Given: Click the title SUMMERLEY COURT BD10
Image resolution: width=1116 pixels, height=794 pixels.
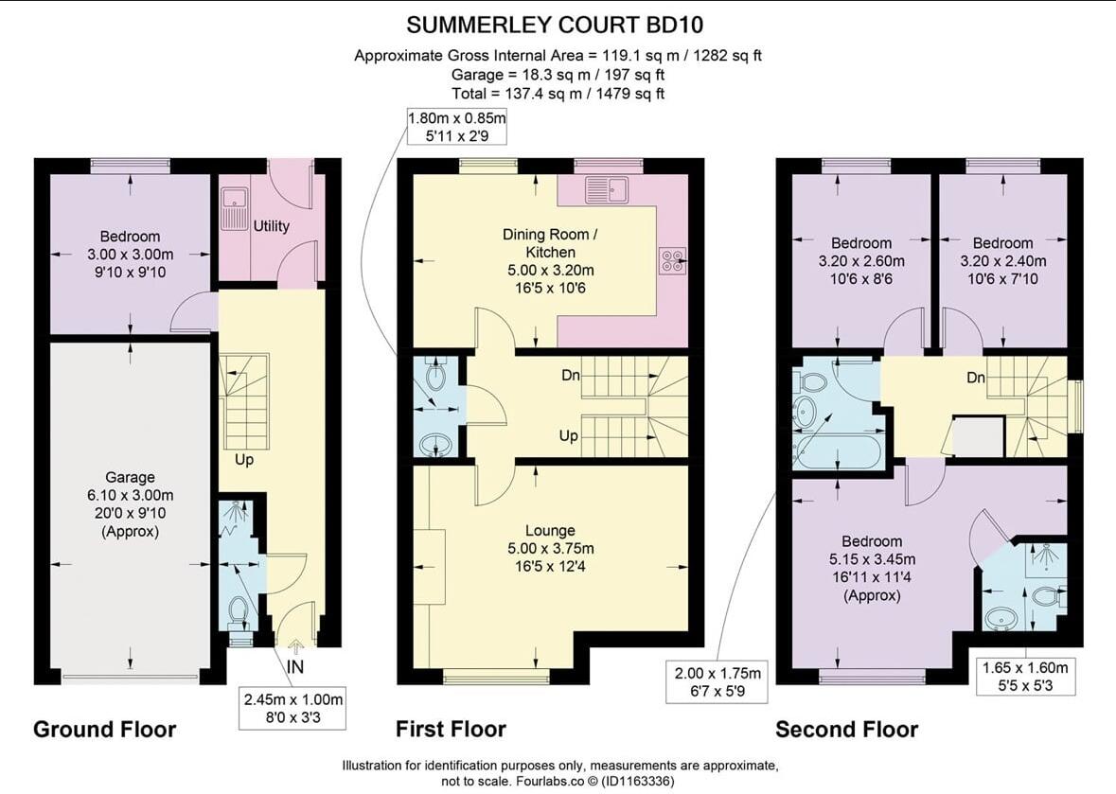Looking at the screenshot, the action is tap(555, 25).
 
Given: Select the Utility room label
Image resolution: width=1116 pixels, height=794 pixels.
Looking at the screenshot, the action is tap(271, 226).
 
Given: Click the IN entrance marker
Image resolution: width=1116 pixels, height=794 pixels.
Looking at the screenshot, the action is tap(294, 666).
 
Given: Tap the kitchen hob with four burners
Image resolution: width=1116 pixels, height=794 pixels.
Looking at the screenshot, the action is tap(673, 260).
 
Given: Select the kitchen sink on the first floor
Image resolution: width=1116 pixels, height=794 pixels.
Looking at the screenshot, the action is tap(607, 189).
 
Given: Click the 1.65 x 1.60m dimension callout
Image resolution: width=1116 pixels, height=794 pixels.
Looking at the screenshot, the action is tap(1025, 677).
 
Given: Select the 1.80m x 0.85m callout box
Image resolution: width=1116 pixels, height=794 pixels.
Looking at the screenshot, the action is tap(457, 127).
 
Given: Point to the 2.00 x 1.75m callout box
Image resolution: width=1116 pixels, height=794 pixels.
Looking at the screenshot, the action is tap(717, 681).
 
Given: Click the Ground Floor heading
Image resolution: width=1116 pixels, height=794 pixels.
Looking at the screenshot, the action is tap(105, 730).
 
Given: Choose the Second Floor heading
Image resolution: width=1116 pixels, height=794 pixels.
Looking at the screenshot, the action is tap(846, 730).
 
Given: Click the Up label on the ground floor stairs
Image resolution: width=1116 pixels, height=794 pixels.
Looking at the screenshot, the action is tap(244, 460).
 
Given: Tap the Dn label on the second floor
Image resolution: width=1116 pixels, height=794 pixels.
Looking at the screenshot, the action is tap(976, 377).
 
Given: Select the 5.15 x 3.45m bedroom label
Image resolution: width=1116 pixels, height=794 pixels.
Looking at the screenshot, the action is tap(872, 569).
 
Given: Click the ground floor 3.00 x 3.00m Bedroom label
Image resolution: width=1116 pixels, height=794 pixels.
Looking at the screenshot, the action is tap(130, 254).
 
